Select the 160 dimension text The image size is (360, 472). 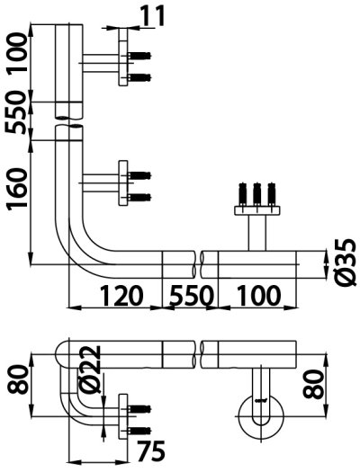tap(17, 189)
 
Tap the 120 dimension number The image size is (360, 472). tap(121, 295)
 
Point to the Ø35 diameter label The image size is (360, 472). tap(346, 262)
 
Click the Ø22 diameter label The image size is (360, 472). tap(90, 370)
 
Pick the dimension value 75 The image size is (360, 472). tap(151, 451)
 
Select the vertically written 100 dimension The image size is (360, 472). tap(17, 53)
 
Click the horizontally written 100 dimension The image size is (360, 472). tap(259, 295)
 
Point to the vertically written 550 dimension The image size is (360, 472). tap(16, 112)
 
